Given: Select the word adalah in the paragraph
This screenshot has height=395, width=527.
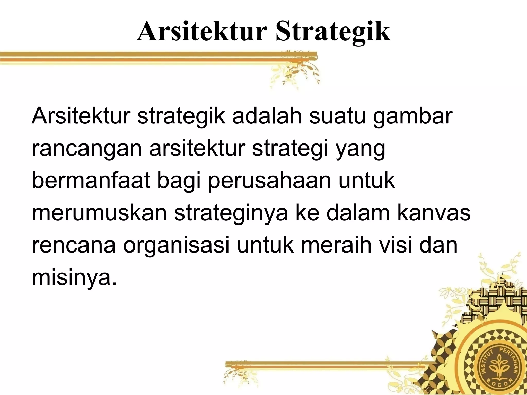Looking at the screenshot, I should [x=267, y=116].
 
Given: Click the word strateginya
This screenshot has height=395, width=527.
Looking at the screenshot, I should [x=231, y=213].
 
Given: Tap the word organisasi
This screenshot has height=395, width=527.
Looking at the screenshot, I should [x=176, y=246].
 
